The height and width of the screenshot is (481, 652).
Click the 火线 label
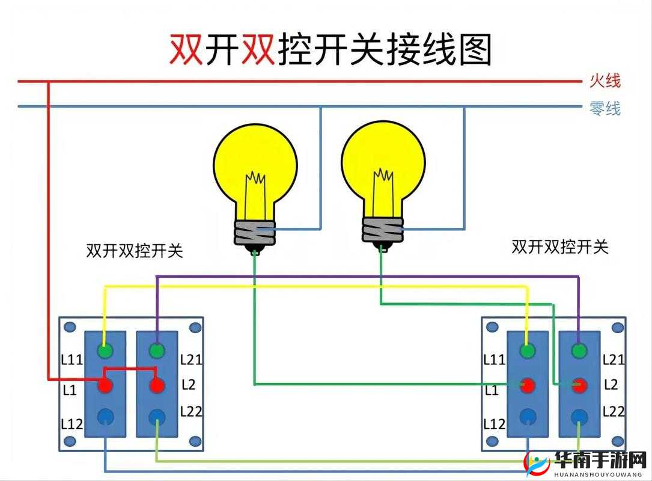pos(605,81)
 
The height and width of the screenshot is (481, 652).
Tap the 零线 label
pos(605,109)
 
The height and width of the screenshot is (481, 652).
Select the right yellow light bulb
pos(383,162)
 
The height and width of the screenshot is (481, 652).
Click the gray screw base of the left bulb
pos(254,231)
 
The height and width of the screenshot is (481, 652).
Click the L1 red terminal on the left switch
pos(106,385)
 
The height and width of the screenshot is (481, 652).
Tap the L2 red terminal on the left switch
pos(157,385)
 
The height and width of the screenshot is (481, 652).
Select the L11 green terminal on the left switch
pos(106,350)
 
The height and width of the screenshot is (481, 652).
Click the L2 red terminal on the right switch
pos(579,385)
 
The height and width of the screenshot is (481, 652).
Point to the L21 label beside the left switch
pos(192,360)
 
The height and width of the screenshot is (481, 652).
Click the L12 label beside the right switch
pos(494,424)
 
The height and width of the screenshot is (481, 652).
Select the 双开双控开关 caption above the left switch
pos(135,251)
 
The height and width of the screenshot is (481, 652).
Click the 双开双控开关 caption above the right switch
pos(559,247)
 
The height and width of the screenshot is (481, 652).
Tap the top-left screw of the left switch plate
pos(70,327)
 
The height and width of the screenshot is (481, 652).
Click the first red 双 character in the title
pos(186,49)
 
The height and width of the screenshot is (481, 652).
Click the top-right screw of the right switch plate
pos(617,327)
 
